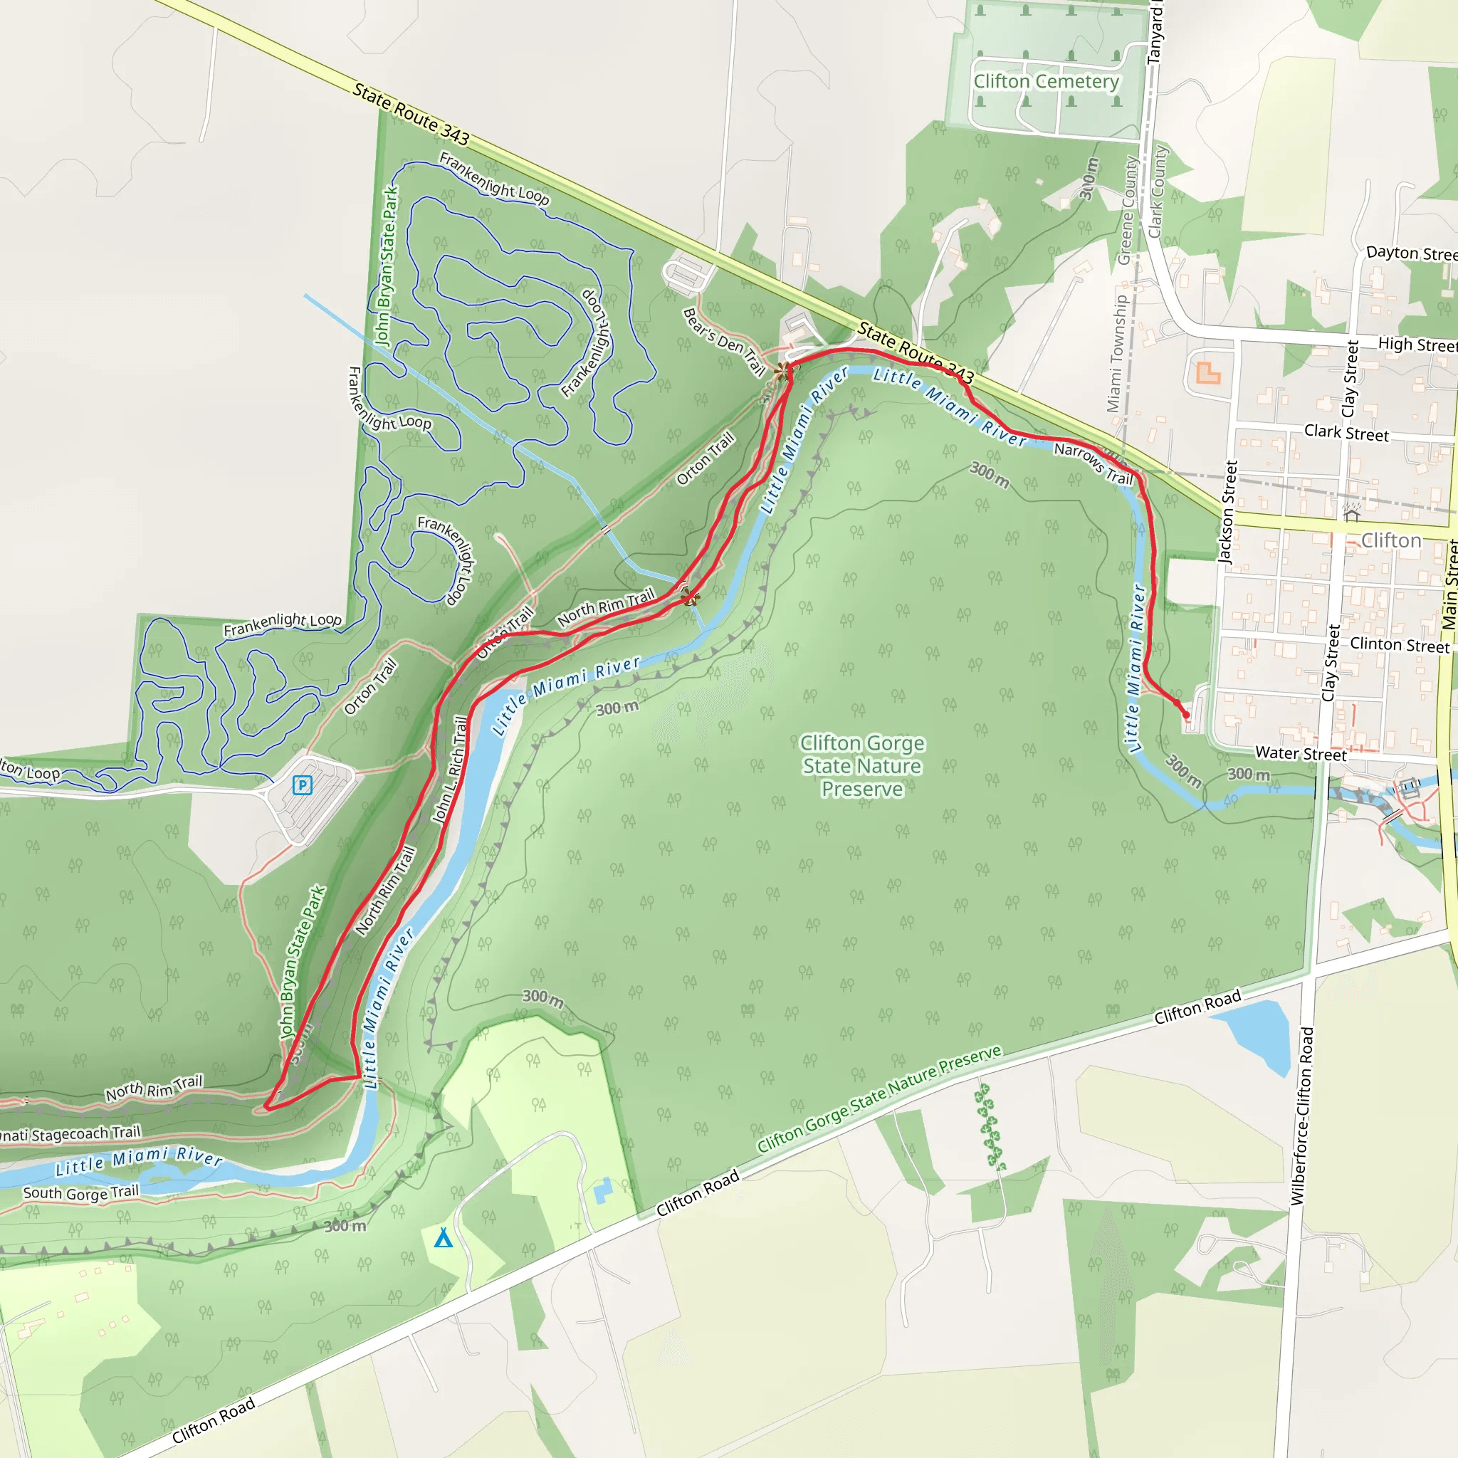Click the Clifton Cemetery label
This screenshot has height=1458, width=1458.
tap(1046, 81)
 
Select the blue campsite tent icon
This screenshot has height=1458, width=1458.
tap(444, 1239)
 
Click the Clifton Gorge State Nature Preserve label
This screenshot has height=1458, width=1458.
tap(862, 766)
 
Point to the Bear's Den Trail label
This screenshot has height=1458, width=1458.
tap(724, 341)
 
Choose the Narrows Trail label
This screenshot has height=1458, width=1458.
tap(1093, 463)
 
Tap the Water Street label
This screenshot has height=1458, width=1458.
tap(1300, 753)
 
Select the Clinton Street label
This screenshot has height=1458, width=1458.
tap(1399, 644)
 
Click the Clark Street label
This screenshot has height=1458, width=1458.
tap(1346, 433)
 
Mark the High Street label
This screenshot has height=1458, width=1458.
tap(1417, 345)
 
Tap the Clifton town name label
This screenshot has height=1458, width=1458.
tap(1391, 540)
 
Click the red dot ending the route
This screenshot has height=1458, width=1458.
tap(1185, 715)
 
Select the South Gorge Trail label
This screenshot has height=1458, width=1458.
tap(80, 1192)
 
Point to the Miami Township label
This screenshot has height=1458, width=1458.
tap(1118, 353)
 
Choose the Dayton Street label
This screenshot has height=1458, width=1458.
tap(1410, 253)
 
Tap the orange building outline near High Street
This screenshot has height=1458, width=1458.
tap(1207, 373)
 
